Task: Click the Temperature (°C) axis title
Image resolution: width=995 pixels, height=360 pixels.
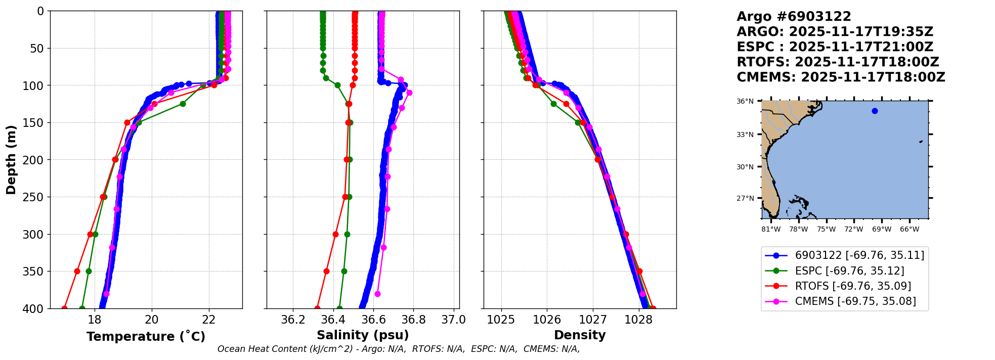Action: point(146,337)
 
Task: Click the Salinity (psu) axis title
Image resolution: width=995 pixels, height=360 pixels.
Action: point(363,335)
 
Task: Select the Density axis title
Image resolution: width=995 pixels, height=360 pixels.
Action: point(580,335)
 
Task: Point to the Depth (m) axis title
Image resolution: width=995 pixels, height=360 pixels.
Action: point(11,160)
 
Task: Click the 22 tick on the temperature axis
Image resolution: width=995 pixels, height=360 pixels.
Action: point(209,320)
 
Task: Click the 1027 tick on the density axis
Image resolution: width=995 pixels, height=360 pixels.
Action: point(593,320)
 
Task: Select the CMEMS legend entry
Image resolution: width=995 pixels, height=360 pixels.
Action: point(855,301)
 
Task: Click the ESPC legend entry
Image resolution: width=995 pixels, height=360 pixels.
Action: point(849,271)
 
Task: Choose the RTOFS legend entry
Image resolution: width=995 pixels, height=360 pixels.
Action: point(853,286)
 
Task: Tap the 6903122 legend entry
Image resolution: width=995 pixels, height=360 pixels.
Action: point(859,255)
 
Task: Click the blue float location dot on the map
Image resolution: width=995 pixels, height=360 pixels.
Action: point(875,111)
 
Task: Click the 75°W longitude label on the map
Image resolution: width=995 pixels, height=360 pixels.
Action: point(827,230)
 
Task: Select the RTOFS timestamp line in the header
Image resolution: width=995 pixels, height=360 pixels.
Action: point(838,62)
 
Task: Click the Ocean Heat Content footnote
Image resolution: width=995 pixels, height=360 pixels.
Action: point(399,349)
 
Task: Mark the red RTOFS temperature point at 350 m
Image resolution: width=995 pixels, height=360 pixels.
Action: point(77,271)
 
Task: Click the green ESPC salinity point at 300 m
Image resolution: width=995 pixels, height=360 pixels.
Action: point(347,234)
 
